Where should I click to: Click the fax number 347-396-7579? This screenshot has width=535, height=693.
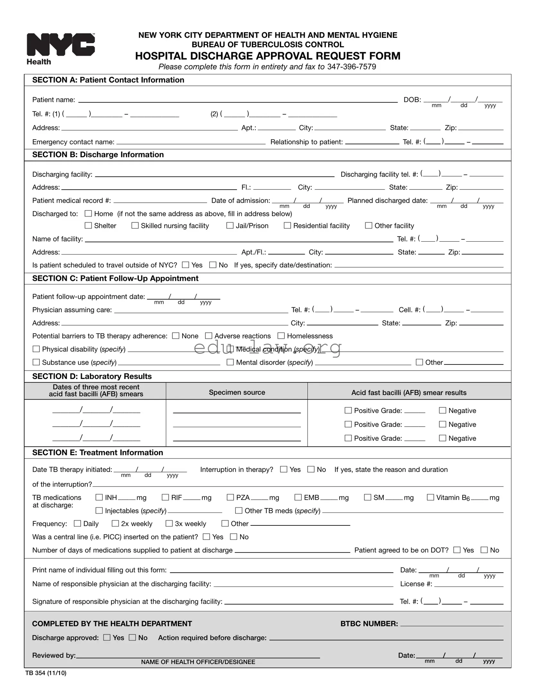[351, 67]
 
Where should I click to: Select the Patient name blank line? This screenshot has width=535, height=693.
[238, 100]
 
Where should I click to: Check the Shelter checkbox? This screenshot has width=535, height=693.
[88, 226]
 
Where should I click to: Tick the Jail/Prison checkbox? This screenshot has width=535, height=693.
[230, 226]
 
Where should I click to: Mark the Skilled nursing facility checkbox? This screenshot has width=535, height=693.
[135, 226]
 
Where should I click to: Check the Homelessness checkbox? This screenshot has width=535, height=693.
[281, 336]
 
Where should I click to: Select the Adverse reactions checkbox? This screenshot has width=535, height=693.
[209, 336]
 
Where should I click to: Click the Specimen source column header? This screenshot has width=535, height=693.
[237, 392]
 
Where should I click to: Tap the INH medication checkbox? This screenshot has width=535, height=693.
[99, 497]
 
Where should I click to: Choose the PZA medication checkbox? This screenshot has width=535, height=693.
[230, 497]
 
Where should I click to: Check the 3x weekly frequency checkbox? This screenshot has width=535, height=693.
[169, 523]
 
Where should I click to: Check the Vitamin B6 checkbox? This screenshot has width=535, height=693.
[430, 497]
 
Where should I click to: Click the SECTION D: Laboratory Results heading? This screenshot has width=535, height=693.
[92, 376]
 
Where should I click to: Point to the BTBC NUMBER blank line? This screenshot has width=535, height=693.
[451, 624]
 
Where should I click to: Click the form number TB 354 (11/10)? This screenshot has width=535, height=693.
[46, 673]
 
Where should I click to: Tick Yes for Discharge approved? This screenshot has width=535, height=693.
[107, 637]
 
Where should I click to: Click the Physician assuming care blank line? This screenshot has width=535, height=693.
[201, 310]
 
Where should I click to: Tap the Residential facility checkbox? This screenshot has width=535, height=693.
[287, 226]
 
